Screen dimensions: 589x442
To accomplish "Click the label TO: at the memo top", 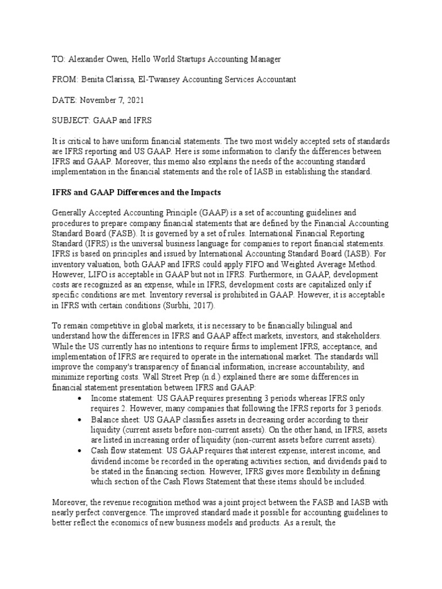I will [59, 59].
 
